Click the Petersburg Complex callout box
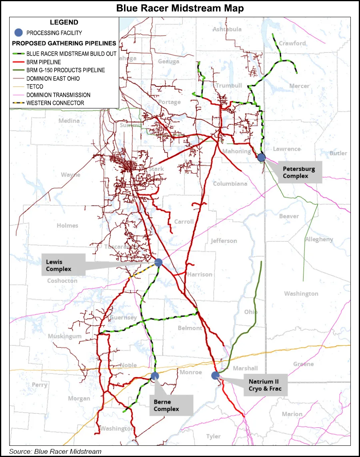point(300,172)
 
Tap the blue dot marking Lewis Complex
point(158,263)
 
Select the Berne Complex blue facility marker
point(155,376)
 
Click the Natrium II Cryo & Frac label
point(266,385)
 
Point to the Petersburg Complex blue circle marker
point(261,157)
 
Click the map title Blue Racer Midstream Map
point(180,8)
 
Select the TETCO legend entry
point(35,86)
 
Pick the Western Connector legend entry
point(55,103)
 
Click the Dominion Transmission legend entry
point(58,95)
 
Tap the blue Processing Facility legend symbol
point(18,33)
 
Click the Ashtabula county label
point(227,29)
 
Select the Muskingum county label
point(64,336)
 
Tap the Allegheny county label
point(319,239)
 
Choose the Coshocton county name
point(62,281)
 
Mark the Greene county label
point(303,364)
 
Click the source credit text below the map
point(55,451)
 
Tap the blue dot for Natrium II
point(215,375)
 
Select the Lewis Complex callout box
point(63,265)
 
